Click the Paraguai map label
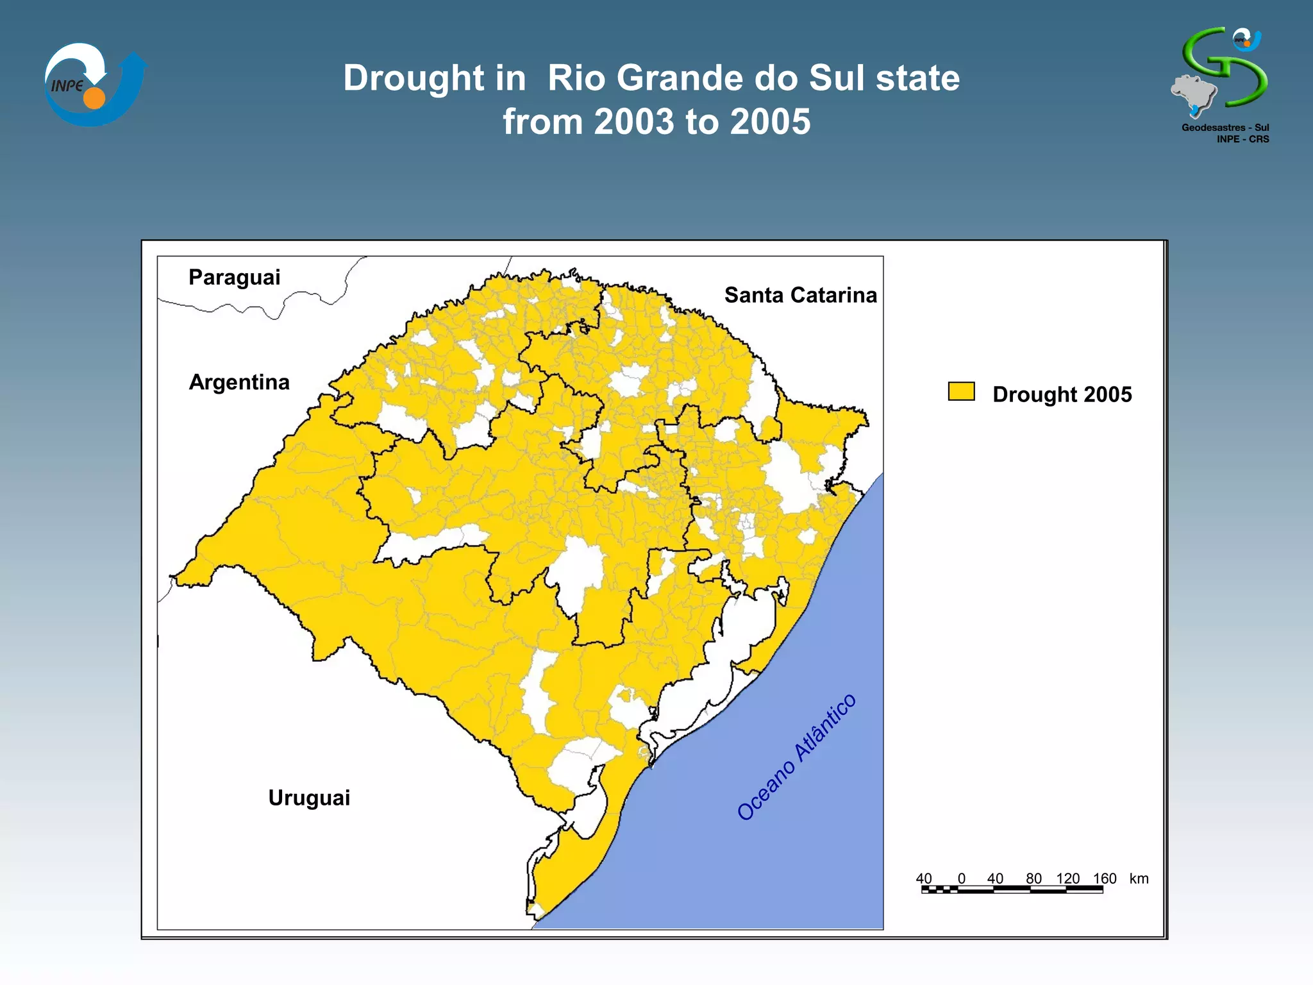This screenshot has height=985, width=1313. [234, 278]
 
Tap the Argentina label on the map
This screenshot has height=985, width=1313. [239, 382]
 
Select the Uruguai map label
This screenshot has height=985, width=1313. [309, 798]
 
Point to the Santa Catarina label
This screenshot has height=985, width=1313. [800, 295]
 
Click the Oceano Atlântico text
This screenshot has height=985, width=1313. [796, 757]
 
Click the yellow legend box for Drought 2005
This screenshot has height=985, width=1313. [961, 392]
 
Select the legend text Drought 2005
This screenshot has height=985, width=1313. [1062, 394]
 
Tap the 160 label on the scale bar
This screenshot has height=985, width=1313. [1104, 879]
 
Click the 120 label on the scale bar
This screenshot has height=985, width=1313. [1068, 879]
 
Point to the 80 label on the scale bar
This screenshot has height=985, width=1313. [1033, 879]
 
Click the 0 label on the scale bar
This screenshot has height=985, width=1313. [961, 879]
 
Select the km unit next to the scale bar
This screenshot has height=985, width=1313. [1139, 879]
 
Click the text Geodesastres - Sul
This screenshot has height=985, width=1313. [1225, 128]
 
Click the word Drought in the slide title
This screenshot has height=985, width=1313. [413, 78]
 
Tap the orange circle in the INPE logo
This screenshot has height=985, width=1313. [94, 98]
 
